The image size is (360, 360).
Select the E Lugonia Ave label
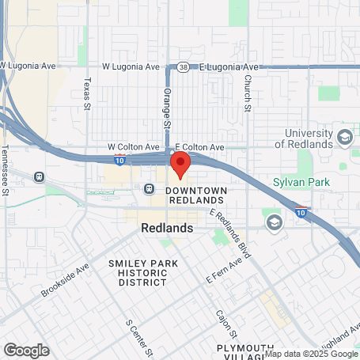point(229,67)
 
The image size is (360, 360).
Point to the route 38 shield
point(184,67)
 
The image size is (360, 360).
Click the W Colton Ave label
point(134,147)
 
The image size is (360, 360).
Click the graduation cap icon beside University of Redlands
point(344,138)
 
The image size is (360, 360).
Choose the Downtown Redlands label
point(197,196)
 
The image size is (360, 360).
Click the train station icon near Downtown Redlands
point(148,189)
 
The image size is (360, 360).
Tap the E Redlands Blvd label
point(230,235)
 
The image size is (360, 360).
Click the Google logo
point(26,350)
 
